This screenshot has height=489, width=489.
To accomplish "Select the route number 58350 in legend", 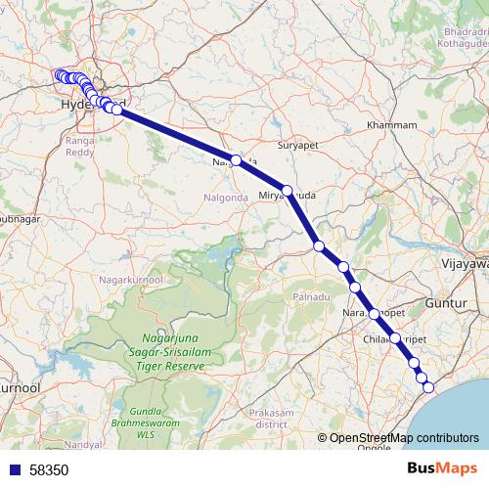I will click(49, 469).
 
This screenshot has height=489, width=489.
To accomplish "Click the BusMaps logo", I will click(443, 468).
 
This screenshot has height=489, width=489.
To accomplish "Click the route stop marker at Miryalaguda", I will click(288, 191).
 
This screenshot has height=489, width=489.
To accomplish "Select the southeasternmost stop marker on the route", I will click(427, 387).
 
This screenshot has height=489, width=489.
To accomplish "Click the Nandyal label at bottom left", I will click(83, 444).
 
